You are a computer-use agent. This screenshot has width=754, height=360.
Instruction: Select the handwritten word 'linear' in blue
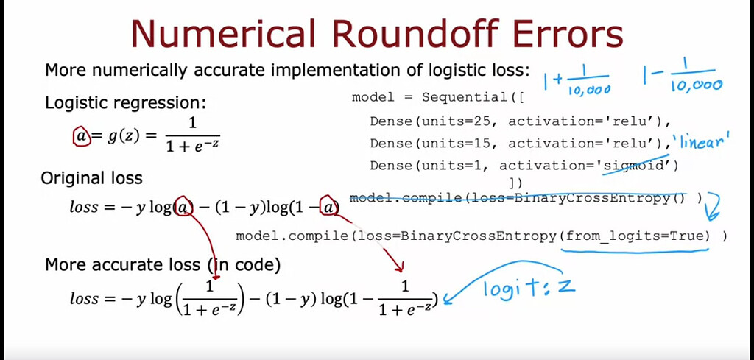[x=701, y=142]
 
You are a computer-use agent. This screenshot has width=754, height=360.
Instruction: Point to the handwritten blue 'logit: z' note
[x=529, y=288]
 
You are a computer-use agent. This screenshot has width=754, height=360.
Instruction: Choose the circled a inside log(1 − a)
[x=328, y=207]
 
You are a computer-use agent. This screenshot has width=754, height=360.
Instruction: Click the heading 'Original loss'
[x=91, y=178]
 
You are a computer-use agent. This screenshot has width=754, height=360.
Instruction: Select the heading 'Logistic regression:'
[x=125, y=103]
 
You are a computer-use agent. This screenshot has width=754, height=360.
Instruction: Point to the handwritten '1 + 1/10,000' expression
[x=577, y=81]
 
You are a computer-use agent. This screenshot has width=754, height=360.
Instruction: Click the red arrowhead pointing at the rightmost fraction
[x=398, y=266]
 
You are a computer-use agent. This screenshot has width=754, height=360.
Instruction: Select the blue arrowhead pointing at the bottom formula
[x=449, y=298]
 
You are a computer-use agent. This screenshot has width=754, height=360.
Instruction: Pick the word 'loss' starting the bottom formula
[x=84, y=298]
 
